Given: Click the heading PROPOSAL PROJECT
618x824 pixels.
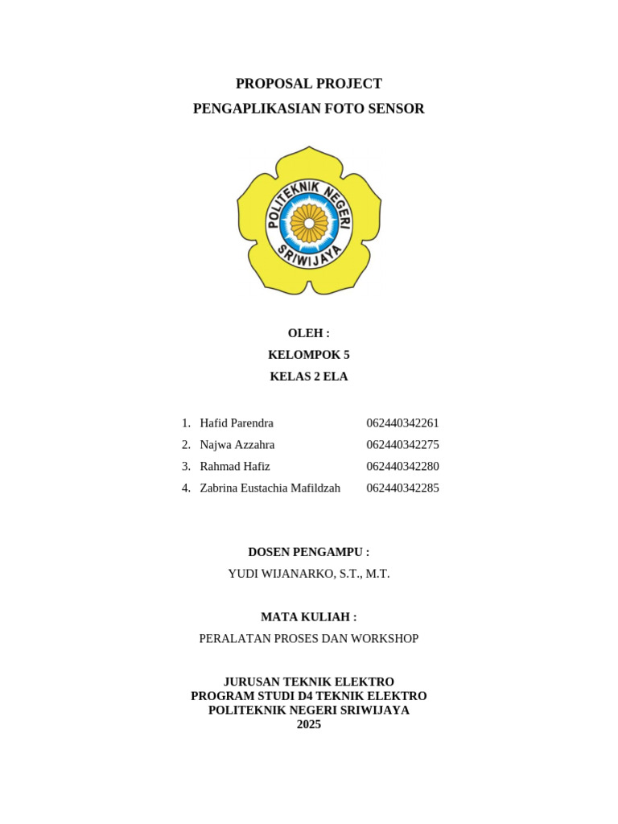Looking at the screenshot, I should click(x=308, y=84).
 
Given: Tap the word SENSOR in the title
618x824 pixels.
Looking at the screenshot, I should click(x=395, y=109).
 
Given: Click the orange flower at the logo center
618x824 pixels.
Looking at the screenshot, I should click(x=309, y=223).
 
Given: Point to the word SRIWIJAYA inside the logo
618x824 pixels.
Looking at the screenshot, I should click(x=310, y=259).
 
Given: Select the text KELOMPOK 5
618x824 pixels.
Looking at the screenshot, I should click(x=308, y=355).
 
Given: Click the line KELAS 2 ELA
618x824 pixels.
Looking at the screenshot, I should click(x=308, y=377).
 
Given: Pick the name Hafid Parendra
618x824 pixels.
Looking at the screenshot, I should click(x=237, y=423).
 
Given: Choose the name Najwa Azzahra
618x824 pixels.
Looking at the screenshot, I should click(x=237, y=445).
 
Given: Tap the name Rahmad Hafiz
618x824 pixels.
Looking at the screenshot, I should click(x=235, y=467).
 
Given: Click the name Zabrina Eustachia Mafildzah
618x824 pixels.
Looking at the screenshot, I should click(x=270, y=488).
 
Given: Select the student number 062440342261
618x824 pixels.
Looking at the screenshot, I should click(x=402, y=423).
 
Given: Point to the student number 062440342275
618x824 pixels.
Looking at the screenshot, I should click(x=402, y=445).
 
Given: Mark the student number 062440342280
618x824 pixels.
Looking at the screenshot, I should click(x=402, y=467).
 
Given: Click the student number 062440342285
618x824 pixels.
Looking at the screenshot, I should click(x=402, y=488).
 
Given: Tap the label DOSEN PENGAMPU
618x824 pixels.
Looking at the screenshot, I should click(x=308, y=552).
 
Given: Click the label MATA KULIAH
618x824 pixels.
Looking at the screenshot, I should click(x=308, y=617).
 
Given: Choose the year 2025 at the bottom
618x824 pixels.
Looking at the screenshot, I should click(x=308, y=724).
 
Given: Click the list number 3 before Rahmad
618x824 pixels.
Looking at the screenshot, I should click(x=185, y=467).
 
